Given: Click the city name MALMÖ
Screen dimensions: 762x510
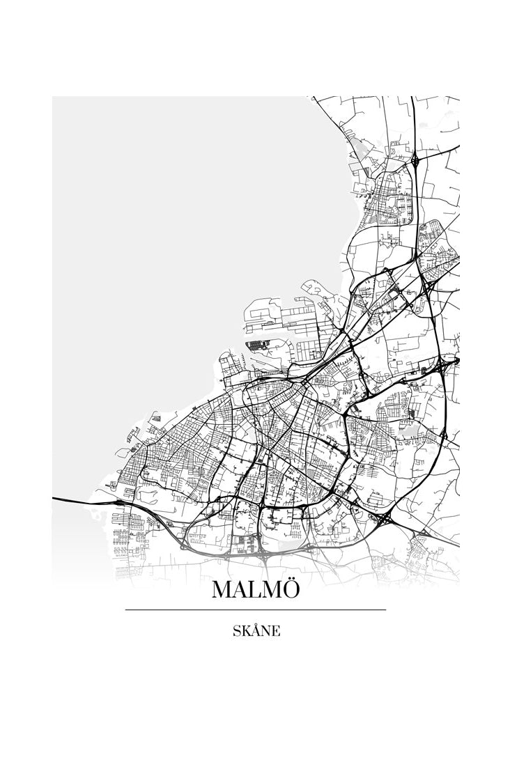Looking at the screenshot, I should [x=256, y=589].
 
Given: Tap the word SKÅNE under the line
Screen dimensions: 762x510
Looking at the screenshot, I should [x=256, y=631].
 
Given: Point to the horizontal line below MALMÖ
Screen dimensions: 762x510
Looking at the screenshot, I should [x=256, y=609].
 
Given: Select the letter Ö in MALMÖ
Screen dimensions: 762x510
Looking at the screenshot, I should [x=291, y=589].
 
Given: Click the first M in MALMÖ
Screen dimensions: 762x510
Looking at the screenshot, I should [x=223, y=590].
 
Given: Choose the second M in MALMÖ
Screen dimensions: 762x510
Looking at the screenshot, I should [x=272, y=590].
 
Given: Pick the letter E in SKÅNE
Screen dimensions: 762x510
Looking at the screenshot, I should [x=276, y=632].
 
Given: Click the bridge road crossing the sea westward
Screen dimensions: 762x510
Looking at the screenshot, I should [x=77, y=500].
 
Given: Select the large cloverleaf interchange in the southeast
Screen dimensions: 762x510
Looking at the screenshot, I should [x=385, y=519].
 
